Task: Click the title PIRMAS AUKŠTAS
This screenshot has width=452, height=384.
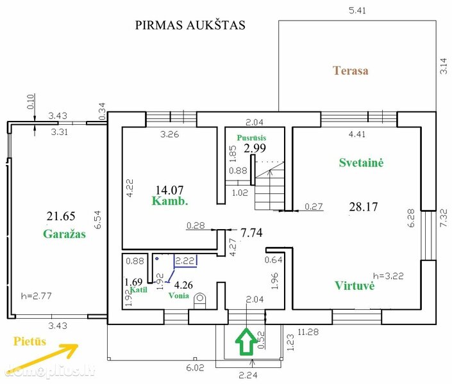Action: (190, 25)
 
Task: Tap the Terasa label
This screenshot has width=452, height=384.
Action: (351, 70)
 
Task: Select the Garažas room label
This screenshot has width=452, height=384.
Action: (65, 234)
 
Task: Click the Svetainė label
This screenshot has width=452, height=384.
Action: (361, 163)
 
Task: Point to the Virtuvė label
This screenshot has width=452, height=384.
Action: (355, 285)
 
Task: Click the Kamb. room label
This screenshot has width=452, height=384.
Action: (170, 200)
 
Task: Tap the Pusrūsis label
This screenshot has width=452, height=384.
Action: (251, 138)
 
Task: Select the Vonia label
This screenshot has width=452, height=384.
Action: (179, 296)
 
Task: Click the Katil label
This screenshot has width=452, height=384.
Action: (138, 289)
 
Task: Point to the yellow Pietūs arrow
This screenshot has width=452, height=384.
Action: (42, 356)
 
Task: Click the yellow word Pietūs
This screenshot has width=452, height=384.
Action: (29, 341)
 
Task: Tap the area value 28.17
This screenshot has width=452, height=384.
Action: (364, 207)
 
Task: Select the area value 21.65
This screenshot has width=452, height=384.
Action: (61, 216)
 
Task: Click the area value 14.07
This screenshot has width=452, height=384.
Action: (169, 189)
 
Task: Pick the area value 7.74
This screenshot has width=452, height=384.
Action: (252, 232)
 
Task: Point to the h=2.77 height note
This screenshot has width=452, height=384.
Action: (37, 296)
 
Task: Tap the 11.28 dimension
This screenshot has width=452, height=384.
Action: (308, 332)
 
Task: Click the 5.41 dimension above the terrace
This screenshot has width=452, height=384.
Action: (357, 11)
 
